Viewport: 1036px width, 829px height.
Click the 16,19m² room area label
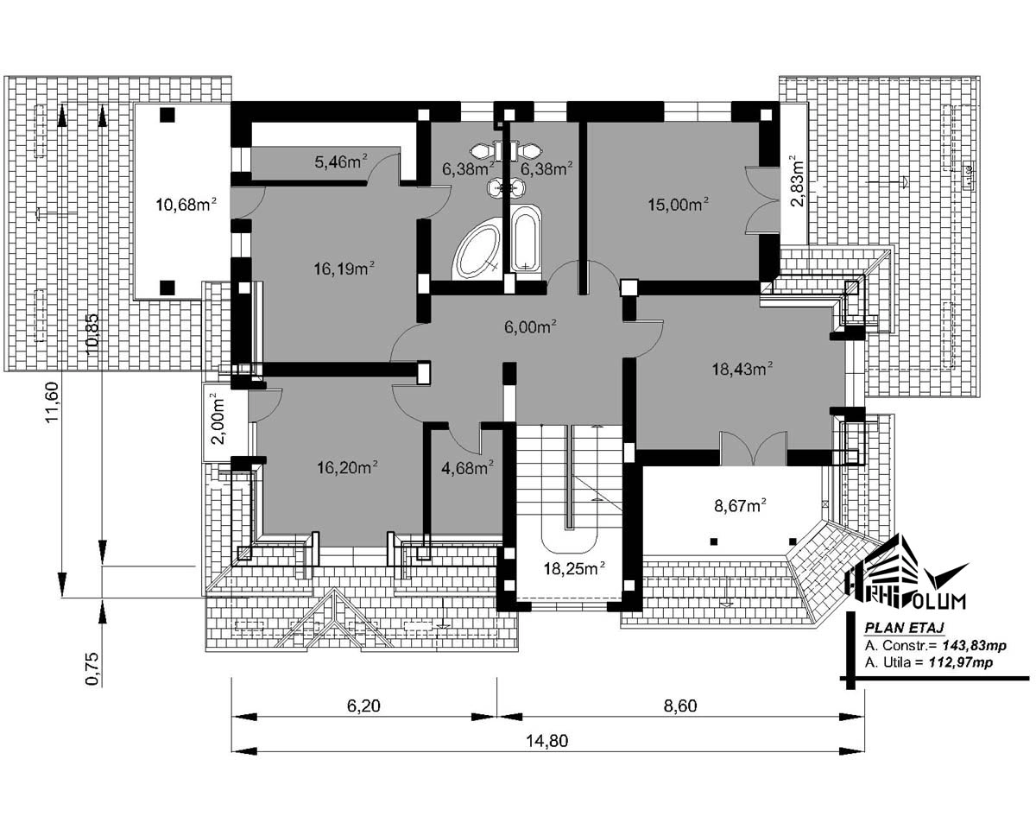pos(344,268)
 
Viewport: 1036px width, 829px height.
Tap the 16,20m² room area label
pos(347,467)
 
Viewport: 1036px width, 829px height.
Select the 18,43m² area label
pos(742,369)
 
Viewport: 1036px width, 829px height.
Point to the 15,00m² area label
pos(679,205)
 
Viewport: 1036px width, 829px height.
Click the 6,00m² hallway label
pos(530,326)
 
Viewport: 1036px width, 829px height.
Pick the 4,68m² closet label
pos(467,467)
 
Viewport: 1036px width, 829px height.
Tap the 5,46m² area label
pos(341,161)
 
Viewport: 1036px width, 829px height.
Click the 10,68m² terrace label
pos(186,205)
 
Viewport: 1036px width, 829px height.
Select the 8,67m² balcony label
pos(741,506)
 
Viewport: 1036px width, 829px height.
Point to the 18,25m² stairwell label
pos(574,568)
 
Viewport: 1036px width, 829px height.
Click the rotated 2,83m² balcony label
pos(796,180)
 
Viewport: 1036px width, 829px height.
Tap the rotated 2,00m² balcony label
pos(218,419)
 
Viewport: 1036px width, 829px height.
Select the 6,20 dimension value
pos(363,706)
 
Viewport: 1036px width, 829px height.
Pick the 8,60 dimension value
pos(680,706)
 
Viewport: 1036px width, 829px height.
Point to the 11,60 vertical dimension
pos(52,402)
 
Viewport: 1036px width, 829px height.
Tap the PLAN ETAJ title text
pos(904,627)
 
